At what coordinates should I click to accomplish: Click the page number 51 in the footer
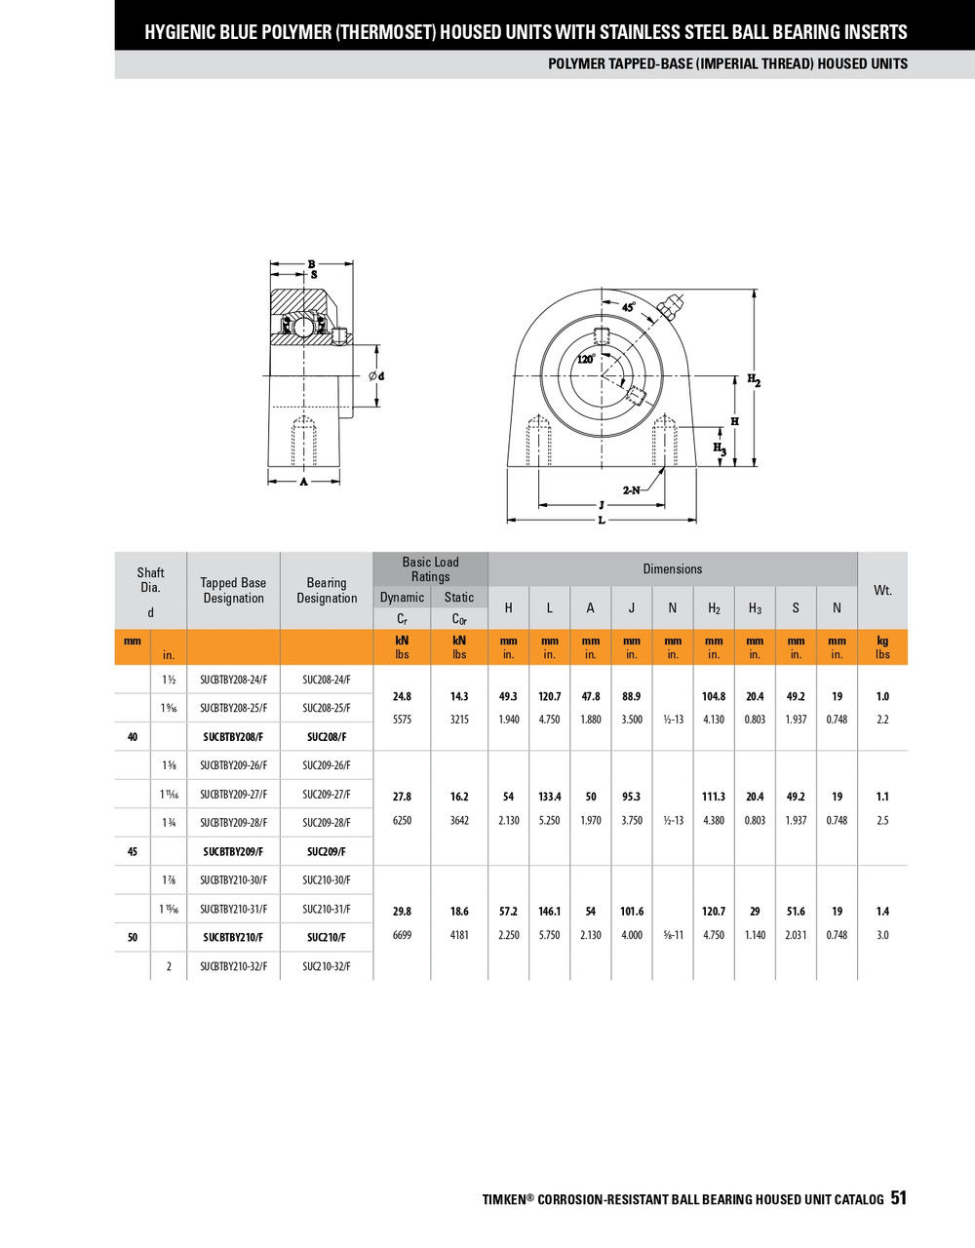click(898, 1198)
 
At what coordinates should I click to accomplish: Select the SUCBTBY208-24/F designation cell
click(233, 680)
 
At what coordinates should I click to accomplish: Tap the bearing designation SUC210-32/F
click(326, 966)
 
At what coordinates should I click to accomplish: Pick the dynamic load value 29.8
click(402, 912)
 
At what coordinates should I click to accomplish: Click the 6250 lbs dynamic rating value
click(402, 821)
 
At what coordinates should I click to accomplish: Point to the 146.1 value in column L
click(550, 912)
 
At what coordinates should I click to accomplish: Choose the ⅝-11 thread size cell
click(673, 935)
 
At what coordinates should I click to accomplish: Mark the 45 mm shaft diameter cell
click(133, 851)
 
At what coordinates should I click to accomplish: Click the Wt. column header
click(882, 590)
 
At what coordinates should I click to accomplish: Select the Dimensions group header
click(672, 569)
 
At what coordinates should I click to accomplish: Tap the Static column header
click(459, 598)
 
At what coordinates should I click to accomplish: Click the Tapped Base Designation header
click(233, 590)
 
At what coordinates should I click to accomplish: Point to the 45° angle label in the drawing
click(629, 306)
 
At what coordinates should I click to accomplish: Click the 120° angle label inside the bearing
click(585, 359)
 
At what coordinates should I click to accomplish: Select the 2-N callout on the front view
click(632, 490)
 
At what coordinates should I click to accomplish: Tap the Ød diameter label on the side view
click(376, 376)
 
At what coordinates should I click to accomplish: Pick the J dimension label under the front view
click(602, 505)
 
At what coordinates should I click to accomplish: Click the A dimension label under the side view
click(303, 482)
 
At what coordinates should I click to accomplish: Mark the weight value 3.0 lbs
click(882, 935)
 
